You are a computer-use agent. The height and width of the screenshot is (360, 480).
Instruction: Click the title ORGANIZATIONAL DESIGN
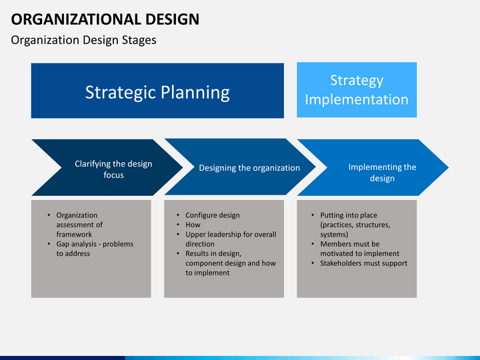point(105,19)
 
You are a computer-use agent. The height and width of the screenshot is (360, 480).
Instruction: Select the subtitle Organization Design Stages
point(83,40)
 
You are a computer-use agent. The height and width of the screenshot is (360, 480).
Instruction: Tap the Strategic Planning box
point(157,91)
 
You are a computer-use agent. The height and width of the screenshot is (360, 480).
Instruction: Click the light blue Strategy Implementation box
point(357,90)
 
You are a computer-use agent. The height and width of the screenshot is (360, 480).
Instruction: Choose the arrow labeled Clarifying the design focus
point(107,167)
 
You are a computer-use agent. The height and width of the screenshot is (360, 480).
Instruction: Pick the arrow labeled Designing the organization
point(240,167)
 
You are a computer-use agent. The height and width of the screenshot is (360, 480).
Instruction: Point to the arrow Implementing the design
point(373,167)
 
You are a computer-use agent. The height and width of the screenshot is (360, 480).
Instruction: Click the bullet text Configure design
point(213,215)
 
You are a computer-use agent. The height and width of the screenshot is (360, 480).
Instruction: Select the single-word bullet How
point(193,225)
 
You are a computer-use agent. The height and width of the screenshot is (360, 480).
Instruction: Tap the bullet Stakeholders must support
point(364,263)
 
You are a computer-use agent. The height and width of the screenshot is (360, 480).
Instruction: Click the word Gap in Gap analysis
point(63,244)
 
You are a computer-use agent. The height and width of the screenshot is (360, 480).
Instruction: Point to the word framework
point(74,235)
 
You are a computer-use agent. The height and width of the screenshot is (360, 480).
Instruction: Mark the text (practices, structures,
point(355,225)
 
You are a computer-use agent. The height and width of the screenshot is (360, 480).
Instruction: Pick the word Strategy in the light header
point(357,81)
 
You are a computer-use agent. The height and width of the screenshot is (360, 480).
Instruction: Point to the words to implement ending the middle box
point(207,273)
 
